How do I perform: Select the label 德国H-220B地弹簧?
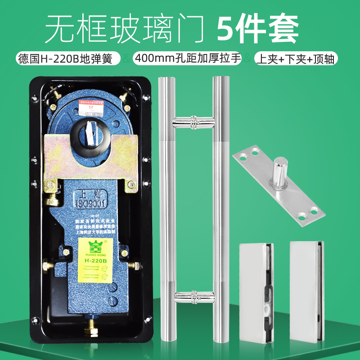[x=68, y=58]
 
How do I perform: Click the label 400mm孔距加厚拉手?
[x=187, y=58]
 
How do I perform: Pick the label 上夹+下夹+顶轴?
[x=295, y=58]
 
